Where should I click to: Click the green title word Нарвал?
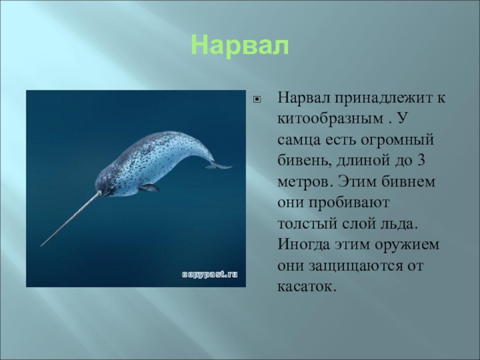pos(240,46)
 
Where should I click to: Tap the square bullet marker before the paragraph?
pos(257,99)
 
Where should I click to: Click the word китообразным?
pos(331,119)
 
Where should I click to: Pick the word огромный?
pos(397,140)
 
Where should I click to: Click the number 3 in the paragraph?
pos(421,161)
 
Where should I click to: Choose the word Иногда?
pos(304,245)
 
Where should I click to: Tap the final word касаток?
pos(307,287)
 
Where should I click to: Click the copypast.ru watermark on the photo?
pos(209,274)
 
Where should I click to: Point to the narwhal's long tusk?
pos(71,219)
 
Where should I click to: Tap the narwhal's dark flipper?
pos(148,188)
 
